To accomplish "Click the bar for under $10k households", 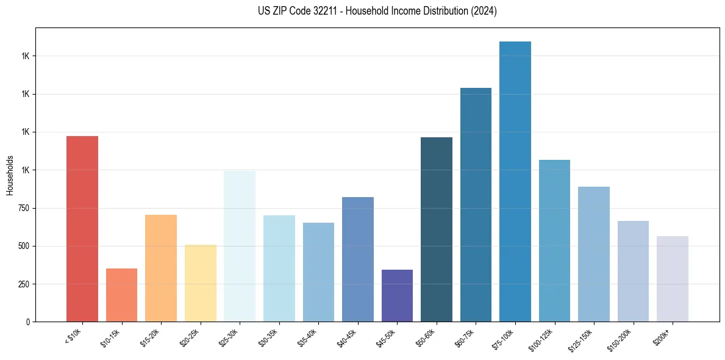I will point(82,229).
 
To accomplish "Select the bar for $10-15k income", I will point(121,295).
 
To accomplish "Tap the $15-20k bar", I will point(161,268).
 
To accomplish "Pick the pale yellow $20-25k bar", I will point(201,283).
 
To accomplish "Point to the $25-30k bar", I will point(240,246).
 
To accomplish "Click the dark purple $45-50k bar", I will point(397,295).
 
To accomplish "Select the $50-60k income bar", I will point(437,229).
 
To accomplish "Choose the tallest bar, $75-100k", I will point(515,181).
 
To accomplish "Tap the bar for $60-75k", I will point(476,204).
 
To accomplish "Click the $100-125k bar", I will point(554,240).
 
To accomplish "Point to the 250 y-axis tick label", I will point(24,284).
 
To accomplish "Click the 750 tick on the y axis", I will point(24,208).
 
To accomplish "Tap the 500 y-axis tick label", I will point(24,247).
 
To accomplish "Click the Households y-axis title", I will point(10,175).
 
